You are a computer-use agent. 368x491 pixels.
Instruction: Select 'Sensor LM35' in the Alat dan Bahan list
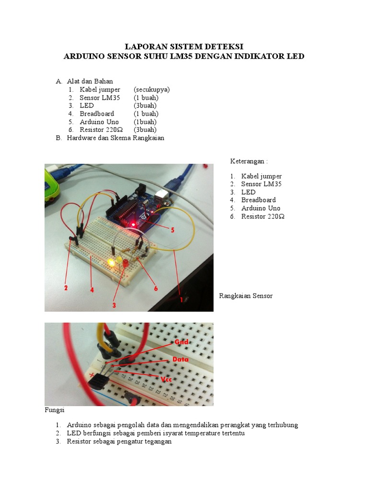click(100, 98)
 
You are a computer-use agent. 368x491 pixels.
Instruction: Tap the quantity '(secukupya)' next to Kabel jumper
click(152, 90)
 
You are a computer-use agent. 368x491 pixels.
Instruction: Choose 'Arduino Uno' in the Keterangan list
click(261, 208)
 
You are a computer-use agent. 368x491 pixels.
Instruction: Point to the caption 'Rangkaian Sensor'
click(246, 296)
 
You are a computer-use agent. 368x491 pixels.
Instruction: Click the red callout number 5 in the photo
click(172, 230)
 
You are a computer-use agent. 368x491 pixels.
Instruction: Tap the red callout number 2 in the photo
click(66, 288)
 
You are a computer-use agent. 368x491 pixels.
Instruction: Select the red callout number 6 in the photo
click(156, 288)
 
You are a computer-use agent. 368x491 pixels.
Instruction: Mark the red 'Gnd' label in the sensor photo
click(181, 342)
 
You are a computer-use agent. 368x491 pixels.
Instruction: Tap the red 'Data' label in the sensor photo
click(181, 359)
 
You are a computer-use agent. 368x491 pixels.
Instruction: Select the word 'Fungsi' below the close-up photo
click(55, 410)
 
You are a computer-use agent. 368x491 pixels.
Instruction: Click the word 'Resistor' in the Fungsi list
click(80, 442)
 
